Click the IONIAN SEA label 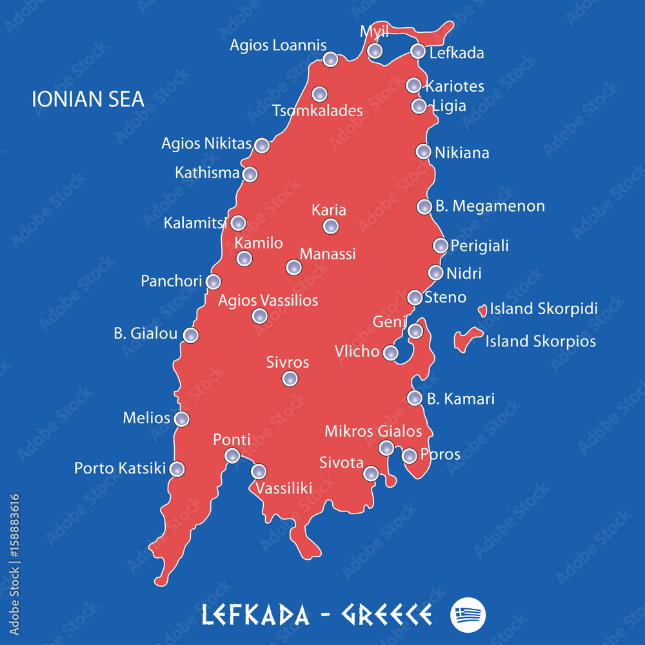coord(88,99)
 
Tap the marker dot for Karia coord(330,226)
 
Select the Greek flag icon coord(468,613)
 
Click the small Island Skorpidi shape coord(482,310)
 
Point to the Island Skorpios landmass coord(466,339)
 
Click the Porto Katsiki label coord(120,468)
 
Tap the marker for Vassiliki coord(259,471)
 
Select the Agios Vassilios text coord(268,300)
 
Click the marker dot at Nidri coord(436,272)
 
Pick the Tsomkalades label coord(317,110)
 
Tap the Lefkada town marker coord(418,51)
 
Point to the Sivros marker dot coord(290,379)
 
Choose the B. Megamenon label coord(490,206)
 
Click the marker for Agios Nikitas coord(261,145)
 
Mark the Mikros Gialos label coord(373,431)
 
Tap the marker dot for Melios coord(182,419)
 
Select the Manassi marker coord(293,267)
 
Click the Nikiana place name coord(462,153)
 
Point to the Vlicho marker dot coord(390,353)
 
